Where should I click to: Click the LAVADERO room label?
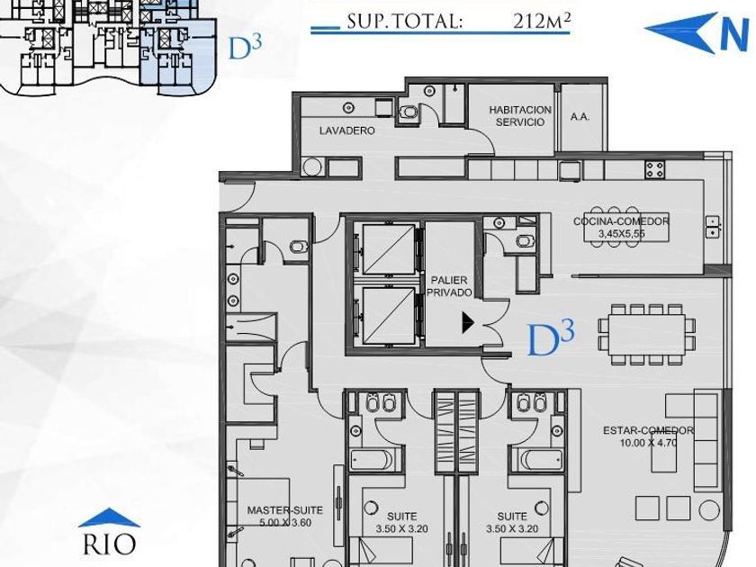346,130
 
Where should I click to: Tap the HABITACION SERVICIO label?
520,116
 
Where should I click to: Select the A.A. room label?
580,117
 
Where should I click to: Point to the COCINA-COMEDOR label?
621,221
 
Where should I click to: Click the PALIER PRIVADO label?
449,286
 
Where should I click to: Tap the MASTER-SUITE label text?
285,510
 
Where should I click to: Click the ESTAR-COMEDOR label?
649,430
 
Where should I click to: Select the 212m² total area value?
543,22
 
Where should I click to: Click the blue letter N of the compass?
733,35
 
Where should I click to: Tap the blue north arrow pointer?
680,31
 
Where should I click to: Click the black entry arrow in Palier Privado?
468,322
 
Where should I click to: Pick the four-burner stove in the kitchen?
655,169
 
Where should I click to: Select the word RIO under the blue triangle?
110,544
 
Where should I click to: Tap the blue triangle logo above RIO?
110,517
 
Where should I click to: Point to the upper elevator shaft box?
389,249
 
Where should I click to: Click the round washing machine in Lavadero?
312,167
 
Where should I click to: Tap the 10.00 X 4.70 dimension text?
649,443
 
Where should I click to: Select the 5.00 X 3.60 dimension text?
285,523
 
